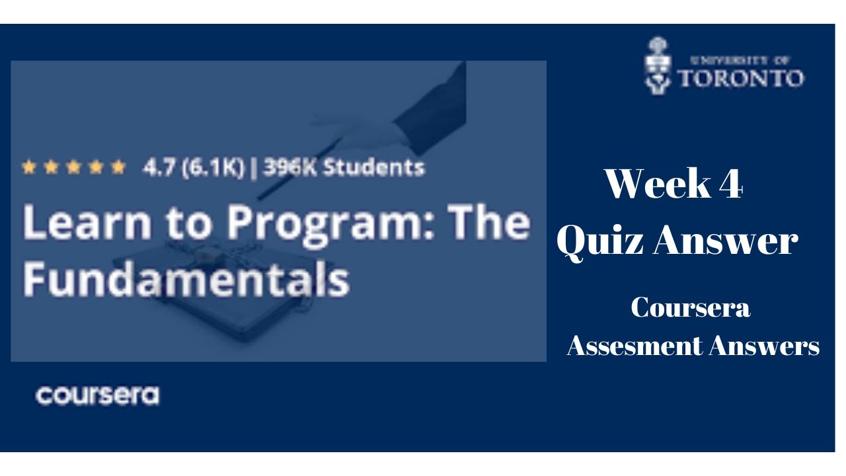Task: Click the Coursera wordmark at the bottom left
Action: (97, 395)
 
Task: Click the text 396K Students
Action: (344, 167)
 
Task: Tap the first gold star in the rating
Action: (28, 167)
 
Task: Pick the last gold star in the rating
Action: (118, 167)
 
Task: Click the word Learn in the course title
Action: (81, 223)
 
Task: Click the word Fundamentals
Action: (186, 280)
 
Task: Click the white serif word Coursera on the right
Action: (690, 308)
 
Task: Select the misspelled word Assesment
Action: (634, 346)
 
